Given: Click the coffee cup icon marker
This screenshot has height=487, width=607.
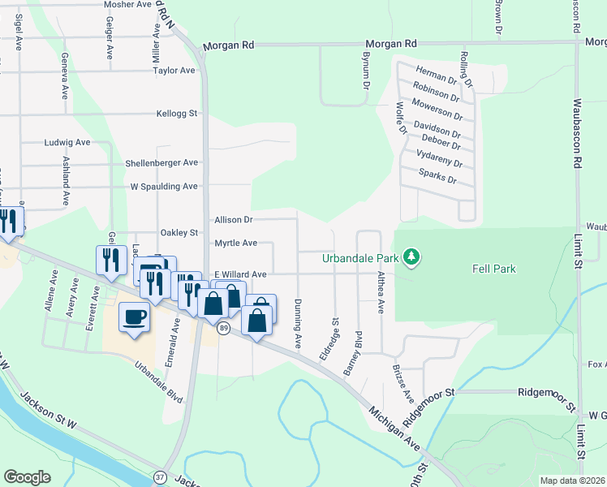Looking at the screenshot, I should (x=135, y=317).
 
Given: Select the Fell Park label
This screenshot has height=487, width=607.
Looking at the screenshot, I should (x=494, y=269).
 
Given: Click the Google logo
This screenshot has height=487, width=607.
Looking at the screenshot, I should (x=27, y=477).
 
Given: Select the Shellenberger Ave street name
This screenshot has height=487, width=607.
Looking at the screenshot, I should (x=161, y=163).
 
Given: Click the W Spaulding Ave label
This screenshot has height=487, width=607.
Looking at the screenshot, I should (x=164, y=187).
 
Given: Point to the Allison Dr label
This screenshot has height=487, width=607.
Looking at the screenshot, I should (x=234, y=220).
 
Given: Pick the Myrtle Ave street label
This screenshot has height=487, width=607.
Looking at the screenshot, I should (x=235, y=243).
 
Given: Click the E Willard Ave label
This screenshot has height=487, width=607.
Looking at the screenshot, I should (x=239, y=275).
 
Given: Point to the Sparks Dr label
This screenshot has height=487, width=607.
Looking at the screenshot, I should (x=437, y=175).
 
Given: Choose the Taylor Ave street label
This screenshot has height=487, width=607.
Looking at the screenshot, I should (x=174, y=71).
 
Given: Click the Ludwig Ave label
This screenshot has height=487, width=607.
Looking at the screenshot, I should (x=67, y=142).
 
